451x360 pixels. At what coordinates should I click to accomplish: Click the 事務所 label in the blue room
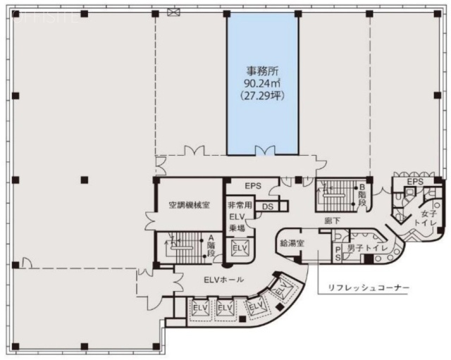[x=261, y=70]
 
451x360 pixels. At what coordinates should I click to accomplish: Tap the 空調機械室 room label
[x=189, y=206]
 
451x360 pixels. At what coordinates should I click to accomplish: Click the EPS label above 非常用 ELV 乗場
[x=253, y=186]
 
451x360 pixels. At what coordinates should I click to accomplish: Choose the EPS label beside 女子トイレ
[x=415, y=182]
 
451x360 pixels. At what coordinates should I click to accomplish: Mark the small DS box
[x=268, y=206]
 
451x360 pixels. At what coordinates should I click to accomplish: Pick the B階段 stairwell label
[x=362, y=194]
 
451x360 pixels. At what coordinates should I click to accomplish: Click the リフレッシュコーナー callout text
[x=366, y=289]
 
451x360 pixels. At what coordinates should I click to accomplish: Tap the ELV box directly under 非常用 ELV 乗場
[x=240, y=249]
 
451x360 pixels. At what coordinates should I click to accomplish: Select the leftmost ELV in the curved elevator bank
[x=199, y=308]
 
